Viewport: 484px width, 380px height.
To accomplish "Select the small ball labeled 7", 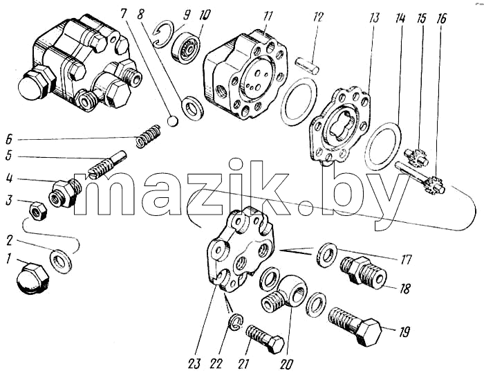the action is [173, 121].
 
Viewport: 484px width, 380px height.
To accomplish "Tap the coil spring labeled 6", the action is [149, 136].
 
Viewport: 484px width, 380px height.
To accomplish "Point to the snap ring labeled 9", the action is [164, 35].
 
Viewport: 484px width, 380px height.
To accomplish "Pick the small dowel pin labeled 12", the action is [307, 64].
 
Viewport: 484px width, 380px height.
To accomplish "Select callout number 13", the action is [374, 18].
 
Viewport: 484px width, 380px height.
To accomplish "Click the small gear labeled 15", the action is [416, 156].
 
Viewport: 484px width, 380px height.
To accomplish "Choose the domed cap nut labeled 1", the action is [32, 279].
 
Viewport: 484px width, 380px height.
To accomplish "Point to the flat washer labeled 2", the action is [61, 262].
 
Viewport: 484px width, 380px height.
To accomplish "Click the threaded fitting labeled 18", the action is [363, 273].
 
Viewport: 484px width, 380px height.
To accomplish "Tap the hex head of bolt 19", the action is [369, 333].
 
